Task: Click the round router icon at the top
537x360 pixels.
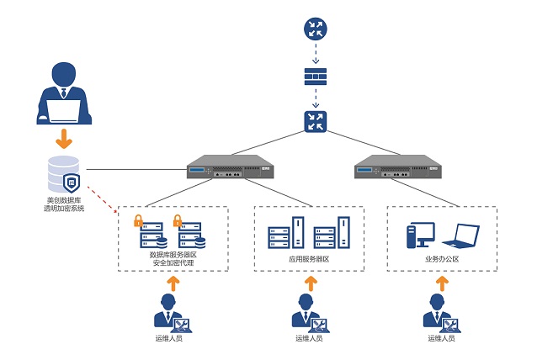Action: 315,29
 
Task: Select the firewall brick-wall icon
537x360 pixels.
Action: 315,77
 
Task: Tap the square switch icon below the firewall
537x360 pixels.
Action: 315,121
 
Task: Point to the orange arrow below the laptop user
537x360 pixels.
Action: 64,138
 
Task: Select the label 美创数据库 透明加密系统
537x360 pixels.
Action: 65,204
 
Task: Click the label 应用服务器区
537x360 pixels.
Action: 308,260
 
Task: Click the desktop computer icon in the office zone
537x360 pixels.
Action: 420,235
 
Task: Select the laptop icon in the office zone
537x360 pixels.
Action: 460,236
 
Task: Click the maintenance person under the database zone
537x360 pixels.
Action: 171,312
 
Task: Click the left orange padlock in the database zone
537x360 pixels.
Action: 138,221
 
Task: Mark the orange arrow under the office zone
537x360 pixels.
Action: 438,283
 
